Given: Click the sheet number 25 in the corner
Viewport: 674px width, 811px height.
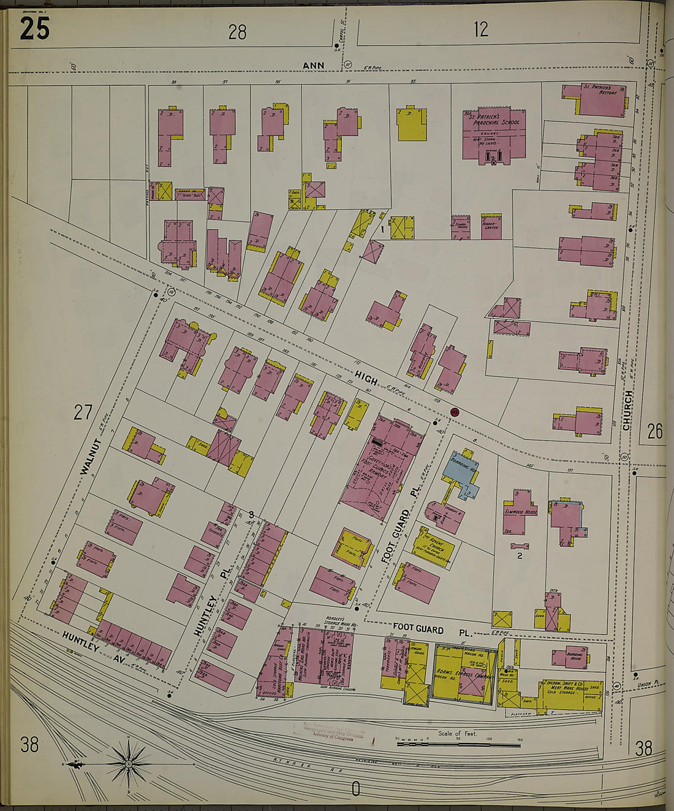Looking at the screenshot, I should tap(34, 29).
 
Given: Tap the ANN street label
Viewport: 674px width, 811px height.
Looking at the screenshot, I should tap(312, 65).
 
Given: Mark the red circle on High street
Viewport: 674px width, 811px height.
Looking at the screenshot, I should tap(455, 413).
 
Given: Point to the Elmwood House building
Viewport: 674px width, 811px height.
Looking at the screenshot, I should tap(521, 511).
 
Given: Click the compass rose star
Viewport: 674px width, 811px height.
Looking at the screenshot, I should tap(129, 764).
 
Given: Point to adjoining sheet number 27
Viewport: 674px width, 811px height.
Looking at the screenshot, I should tap(83, 413).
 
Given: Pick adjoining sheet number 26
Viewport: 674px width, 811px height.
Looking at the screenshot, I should tap(654, 431).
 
